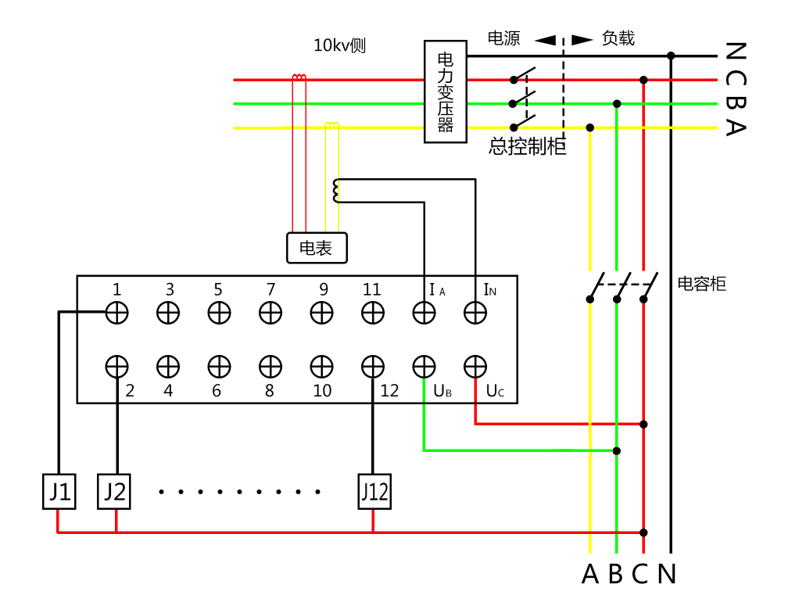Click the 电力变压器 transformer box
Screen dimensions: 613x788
pyautogui.click(x=445, y=92)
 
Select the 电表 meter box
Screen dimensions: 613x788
pyautogui.click(x=317, y=248)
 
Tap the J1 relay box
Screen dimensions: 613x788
pyautogui.click(x=59, y=492)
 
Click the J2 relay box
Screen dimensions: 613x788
pyautogui.click(x=116, y=492)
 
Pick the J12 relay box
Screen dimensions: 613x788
pyautogui.click(x=374, y=492)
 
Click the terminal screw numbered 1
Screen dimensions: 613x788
pyautogui.click(x=116, y=313)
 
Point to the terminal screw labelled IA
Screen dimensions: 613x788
pyautogui.click(x=424, y=313)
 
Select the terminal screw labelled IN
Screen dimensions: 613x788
pyautogui.click(x=475, y=313)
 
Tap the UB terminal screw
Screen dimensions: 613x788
pyautogui.click(x=424, y=365)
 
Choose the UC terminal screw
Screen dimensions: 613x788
pyautogui.click(x=475, y=365)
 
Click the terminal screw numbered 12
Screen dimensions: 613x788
pyautogui.click(x=373, y=365)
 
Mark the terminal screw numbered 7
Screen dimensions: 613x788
pyautogui.click(x=270, y=313)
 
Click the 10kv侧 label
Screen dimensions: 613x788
pyautogui.click(x=339, y=45)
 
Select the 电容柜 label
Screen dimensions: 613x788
pyautogui.click(x=701, y=284)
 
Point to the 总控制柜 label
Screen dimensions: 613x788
pyautogui.click(x=528, y=147)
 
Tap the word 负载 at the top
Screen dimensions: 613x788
pyautogui.click(x=618, y=38)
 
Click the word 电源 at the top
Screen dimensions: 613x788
pyautogui.click(x=504, y=38)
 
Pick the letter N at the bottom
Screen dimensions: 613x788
pyautogui.click(x=667, y=575)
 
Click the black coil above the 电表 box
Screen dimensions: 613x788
pyautogui.click(x=335, y=189)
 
